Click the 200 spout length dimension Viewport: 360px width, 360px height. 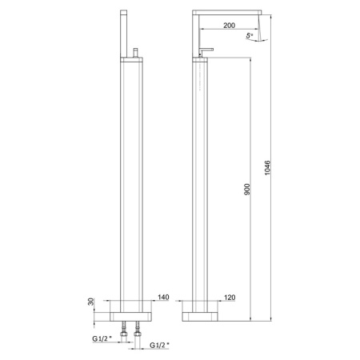pos(229,26)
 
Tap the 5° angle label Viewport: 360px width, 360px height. pos(250,37)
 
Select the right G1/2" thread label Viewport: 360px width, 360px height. pos(162,346)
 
